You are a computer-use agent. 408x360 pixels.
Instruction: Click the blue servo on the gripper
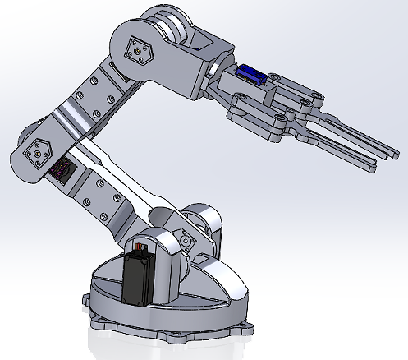click(248, 75)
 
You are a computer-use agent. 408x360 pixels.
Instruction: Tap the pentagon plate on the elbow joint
click(136, 52)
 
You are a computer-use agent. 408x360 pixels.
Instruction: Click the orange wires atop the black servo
click(141, 247)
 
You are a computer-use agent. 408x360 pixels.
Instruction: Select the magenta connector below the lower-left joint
click(60, 171)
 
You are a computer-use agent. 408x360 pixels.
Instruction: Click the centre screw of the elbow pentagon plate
click(136, 52)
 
